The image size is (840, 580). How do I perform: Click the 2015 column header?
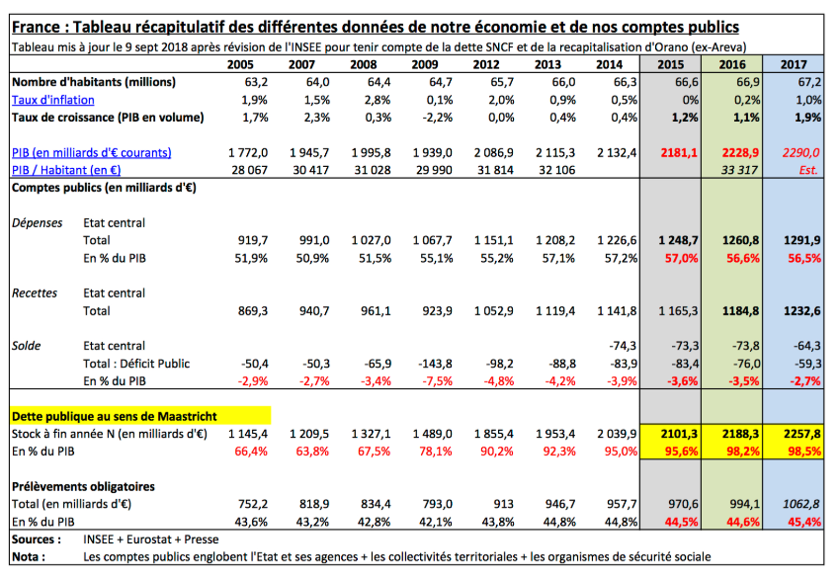(x=671, y=64)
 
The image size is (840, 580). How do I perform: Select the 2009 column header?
(x=425, y=64)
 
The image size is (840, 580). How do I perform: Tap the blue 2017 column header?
(x=794, y=64)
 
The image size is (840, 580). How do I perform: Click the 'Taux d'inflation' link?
(x=53, y=100)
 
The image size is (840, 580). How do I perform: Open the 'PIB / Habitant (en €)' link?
(x=66, y=170)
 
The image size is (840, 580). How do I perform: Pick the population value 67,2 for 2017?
(x=809, y=82)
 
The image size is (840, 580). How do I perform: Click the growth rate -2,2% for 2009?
(x=437, y=118)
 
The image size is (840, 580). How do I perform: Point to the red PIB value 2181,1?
(x=679, y=152)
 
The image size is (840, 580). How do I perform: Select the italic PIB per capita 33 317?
(x=739, y=170)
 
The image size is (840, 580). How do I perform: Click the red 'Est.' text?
(x=808, y=170)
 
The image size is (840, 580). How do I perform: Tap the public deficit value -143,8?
(x=435, y=364)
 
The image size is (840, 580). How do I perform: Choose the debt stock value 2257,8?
(x=802, y=434)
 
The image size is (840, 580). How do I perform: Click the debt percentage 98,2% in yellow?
(x=743, y=452)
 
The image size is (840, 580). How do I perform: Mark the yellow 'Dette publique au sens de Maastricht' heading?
(x=114, y=416)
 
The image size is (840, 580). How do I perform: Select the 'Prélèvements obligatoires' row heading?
(x=83, y=486)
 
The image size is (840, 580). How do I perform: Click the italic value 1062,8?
(x=800, y=504)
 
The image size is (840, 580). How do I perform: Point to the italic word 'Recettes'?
(x=35, y=292)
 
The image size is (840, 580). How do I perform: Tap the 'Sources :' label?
(x=37, y=539)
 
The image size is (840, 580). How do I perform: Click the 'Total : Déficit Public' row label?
(x=136, y=364)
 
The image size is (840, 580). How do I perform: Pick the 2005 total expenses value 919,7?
(x=253, y=240)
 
